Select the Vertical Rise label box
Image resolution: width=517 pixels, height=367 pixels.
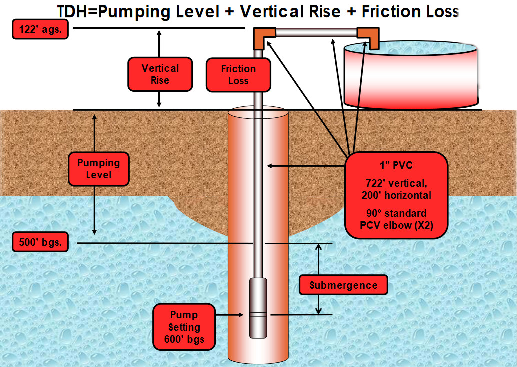160,74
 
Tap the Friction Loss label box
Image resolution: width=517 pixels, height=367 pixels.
238,75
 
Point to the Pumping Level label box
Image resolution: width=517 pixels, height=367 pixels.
98,169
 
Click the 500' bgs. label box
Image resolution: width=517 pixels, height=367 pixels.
39,243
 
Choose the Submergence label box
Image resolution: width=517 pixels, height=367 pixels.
343,285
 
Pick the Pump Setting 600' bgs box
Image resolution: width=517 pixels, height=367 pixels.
184,328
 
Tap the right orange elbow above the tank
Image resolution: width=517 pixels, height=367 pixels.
368,36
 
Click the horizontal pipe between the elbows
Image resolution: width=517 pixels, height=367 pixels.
316,33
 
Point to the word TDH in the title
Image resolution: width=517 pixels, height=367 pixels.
76,11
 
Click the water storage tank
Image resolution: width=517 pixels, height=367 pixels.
410,75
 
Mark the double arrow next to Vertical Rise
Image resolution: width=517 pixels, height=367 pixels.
159,69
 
